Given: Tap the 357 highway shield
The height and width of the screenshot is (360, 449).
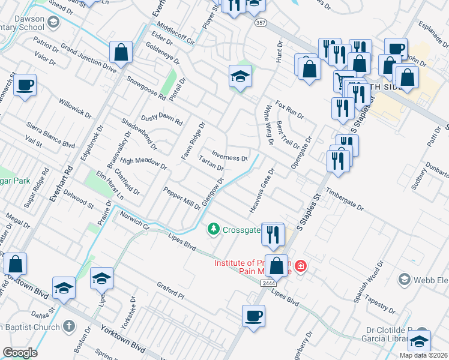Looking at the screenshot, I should point(260,23).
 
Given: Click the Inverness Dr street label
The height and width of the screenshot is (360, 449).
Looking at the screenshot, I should point(229,158).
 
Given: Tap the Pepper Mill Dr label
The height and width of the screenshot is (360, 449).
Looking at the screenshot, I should point(182,199).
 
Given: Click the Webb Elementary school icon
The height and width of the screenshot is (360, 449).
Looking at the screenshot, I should point(405,280).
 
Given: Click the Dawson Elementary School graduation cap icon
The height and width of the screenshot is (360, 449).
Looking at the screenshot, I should point(53,23).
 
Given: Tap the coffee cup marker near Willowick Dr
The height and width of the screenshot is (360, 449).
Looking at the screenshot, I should point(25,85).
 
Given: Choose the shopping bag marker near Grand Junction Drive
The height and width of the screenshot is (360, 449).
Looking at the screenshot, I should point(121,52).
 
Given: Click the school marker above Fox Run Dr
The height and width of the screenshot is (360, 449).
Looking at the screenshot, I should point(240,76).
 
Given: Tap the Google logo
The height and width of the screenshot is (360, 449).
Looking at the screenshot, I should point(20,353).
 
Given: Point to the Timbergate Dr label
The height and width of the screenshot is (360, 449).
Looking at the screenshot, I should point(345,200).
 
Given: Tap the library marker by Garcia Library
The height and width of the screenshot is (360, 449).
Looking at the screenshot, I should point(420,340).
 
